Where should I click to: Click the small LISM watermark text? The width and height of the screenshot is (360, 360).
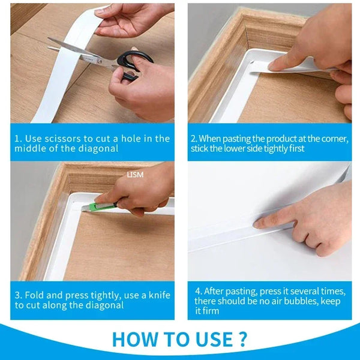coord(134,175)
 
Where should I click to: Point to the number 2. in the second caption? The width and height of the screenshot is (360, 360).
coord(194,139)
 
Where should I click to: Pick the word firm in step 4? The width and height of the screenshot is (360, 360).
coord(211,310)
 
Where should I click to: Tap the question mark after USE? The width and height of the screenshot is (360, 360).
coord(242,339)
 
